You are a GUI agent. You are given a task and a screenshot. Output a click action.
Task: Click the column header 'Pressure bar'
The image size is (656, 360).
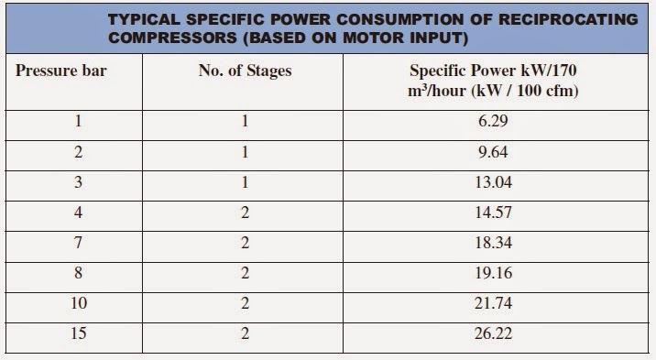tap(61, 70)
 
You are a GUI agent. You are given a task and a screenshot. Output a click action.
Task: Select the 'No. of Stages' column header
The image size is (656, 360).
tap(245, 70)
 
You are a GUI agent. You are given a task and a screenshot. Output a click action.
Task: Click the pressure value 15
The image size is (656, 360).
tap(79, 333)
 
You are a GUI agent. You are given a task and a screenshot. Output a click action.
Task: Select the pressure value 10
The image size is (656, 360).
tap(79, 303)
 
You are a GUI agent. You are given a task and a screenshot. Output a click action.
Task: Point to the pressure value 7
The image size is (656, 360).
tap(79, 243)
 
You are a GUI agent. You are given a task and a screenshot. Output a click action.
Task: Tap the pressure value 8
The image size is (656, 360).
tap(79, 273)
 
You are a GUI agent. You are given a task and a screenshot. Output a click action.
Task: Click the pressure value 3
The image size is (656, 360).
tap(79, 182)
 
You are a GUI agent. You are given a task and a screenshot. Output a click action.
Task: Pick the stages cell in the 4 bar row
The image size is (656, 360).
tap(244, 213)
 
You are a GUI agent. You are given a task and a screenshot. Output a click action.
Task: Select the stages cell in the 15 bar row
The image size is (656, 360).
tap(244, 333)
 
